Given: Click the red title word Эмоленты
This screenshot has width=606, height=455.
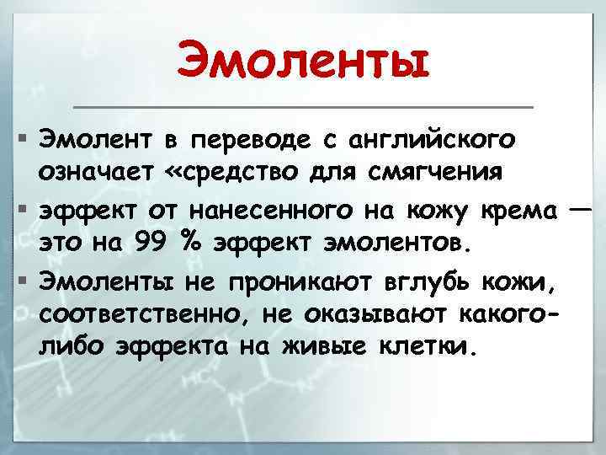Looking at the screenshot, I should (303, 62).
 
